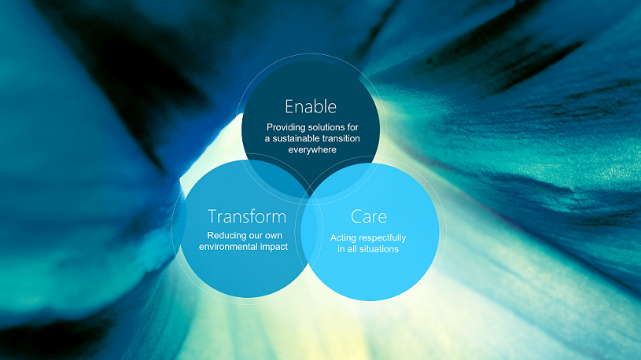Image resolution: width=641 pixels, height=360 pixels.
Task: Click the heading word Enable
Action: click(311, 106)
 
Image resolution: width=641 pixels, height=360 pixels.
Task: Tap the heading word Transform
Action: click(246, 216)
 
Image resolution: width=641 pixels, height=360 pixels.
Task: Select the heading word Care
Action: click(368, 216)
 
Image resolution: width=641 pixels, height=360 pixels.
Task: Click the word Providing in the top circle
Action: click(287, 127)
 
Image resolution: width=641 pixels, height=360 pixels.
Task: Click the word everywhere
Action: click(311, 149)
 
